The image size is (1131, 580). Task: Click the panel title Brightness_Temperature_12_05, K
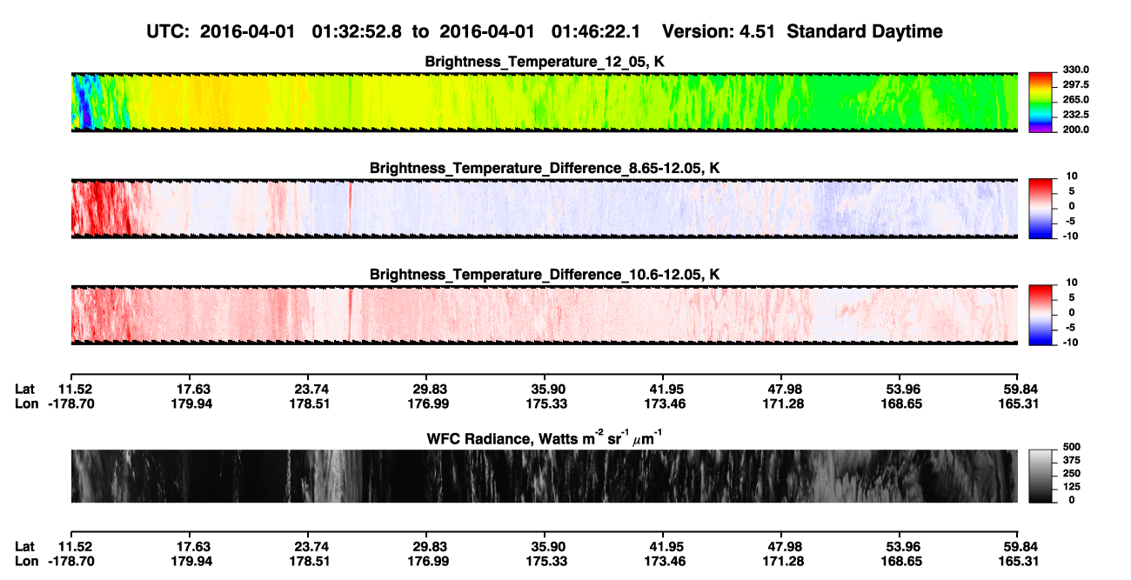point(545,62)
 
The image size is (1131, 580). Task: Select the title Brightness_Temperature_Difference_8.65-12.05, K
point(545,168)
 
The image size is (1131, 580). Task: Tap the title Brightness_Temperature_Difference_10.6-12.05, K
point(545,275)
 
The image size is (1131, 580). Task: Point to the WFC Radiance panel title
point(545,437)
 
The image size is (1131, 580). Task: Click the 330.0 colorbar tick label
point(1075,70)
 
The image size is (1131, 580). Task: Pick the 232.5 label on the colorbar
point(1075,115)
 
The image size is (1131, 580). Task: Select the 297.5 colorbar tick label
point(1075,84)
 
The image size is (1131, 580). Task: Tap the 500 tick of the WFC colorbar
point(1072,447)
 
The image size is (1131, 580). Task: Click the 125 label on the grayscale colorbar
point(1072,487)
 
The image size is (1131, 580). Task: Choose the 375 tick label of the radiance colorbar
point(1072,460)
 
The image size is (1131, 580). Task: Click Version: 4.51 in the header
point(718,31)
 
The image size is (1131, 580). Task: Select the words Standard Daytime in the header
point(865,31)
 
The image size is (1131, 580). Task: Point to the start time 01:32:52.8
point(357,31)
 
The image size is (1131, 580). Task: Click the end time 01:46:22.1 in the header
point(596,31)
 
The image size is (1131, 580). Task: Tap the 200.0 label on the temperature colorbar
point(1075,130)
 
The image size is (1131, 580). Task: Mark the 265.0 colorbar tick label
point(1075,99)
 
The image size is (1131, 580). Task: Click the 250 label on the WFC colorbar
point(1072,474)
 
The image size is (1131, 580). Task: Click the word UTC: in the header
point(168,31)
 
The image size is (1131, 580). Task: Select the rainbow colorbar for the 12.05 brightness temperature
point(1041,103)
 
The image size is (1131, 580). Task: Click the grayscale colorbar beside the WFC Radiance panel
point(1041,476)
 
